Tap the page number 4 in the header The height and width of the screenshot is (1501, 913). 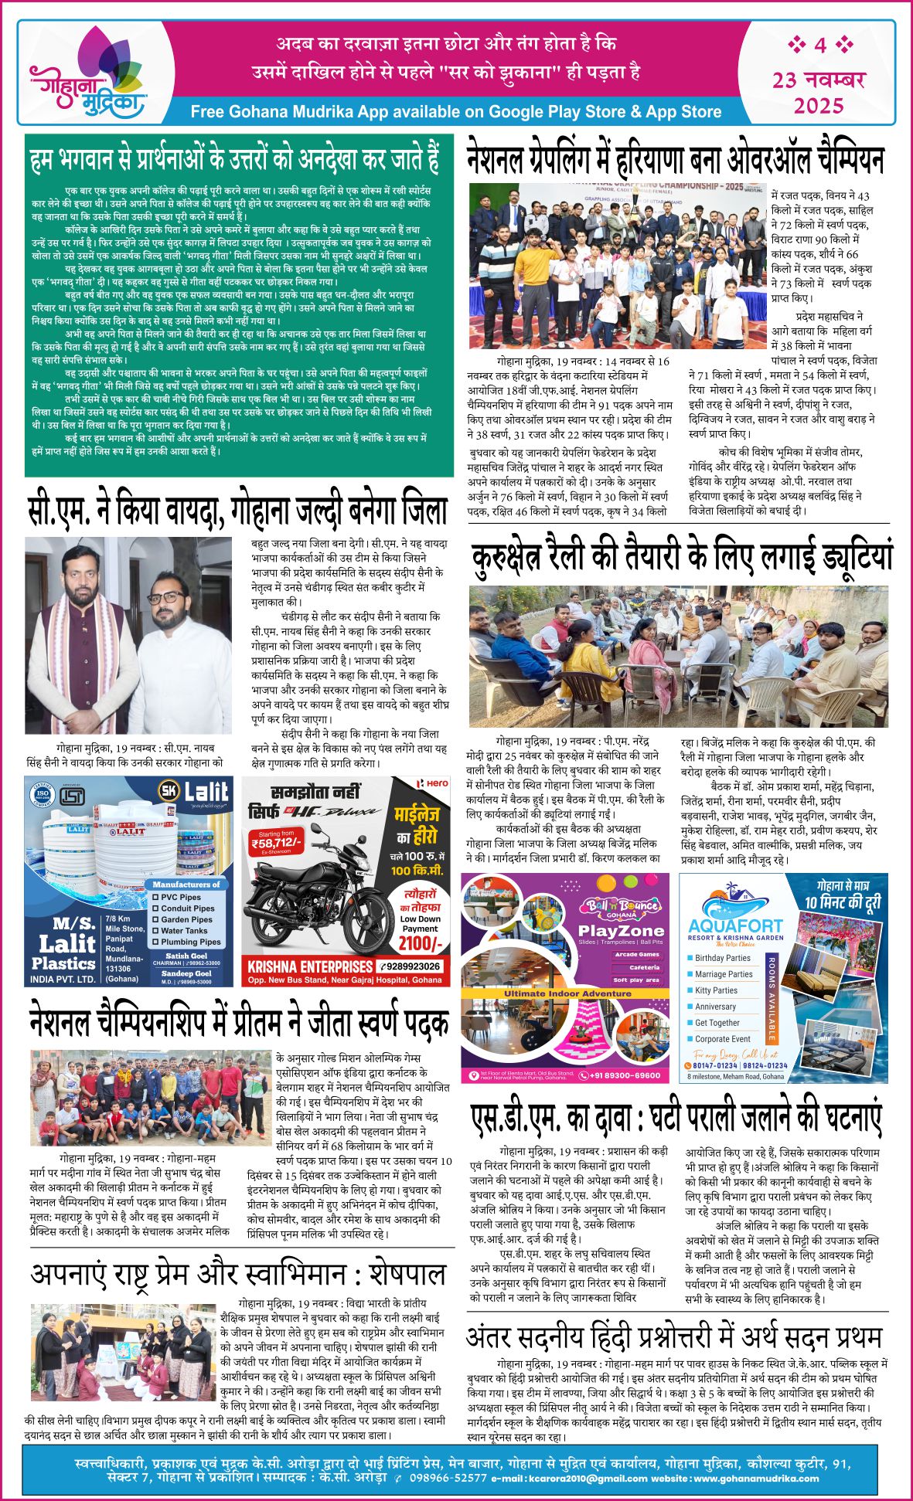(x=819, y=45)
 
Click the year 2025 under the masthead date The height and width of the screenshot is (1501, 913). (x=819, y=104)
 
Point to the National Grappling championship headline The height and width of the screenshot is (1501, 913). (x=675, y=160)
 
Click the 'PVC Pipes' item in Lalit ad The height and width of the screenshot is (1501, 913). (x=180, y=897)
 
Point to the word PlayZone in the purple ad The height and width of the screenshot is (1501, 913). (x=621, y=931)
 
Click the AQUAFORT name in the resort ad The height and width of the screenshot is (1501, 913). (x=735, y=925)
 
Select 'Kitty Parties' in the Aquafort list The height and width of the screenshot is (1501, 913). (x=716, y=990)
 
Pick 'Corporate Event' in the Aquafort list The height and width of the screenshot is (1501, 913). (x=722, y=1039)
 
